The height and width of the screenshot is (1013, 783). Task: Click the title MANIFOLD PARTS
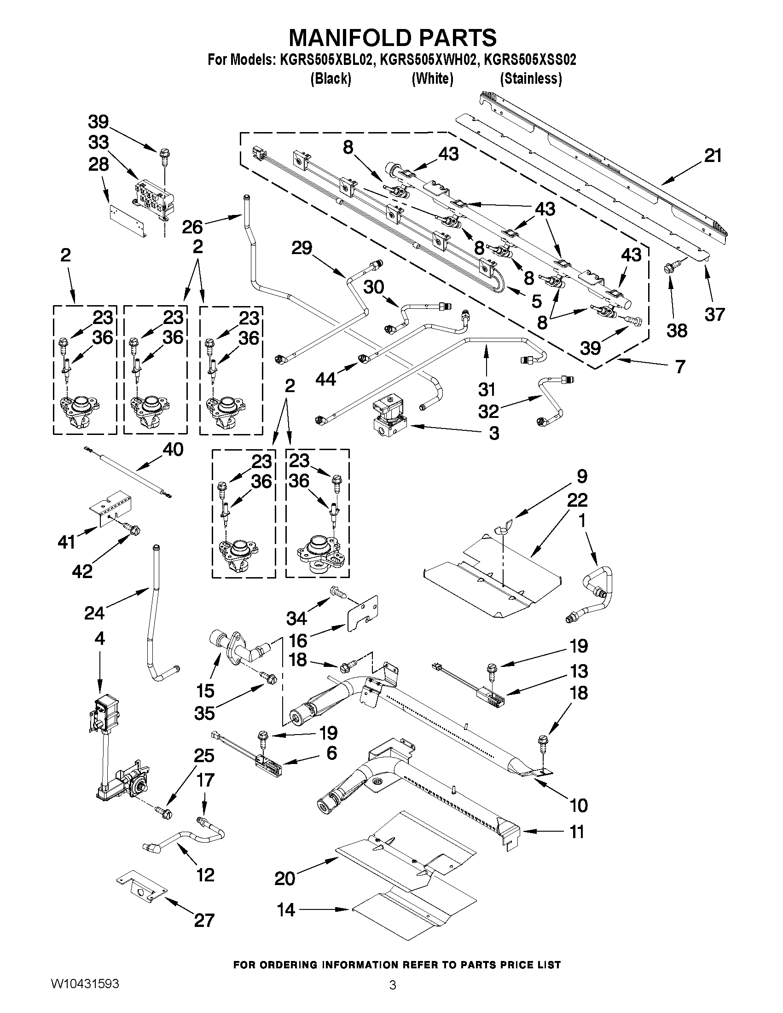[x=392, y=38]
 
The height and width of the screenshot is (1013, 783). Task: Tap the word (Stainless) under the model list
[x=531, y=79]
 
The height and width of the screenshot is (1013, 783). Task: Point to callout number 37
[x=714, y=314]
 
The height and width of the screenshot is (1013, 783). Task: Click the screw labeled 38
[x=671, y=267]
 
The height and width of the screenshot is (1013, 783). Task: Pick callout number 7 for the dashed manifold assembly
[x=679, y=367]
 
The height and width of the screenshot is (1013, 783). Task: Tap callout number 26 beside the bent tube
[x=192, y=226]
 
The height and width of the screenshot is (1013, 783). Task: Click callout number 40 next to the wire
[x=173, y=449]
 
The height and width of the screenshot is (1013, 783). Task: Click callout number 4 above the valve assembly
[x=99, y=639]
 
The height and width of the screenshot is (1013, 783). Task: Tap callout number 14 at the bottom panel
[x=286, y=910]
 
